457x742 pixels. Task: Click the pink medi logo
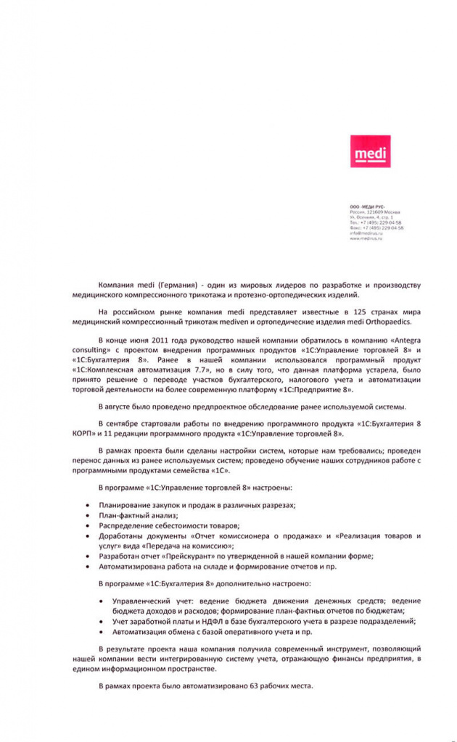click(x=370, y=151)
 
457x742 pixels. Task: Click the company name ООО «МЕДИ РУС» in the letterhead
click(x=367, y=207)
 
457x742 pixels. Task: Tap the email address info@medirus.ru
click(x=366, y=233)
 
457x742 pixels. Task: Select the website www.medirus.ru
click(x=366, y=238)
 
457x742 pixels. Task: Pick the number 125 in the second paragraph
click(x=361, y=311)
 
